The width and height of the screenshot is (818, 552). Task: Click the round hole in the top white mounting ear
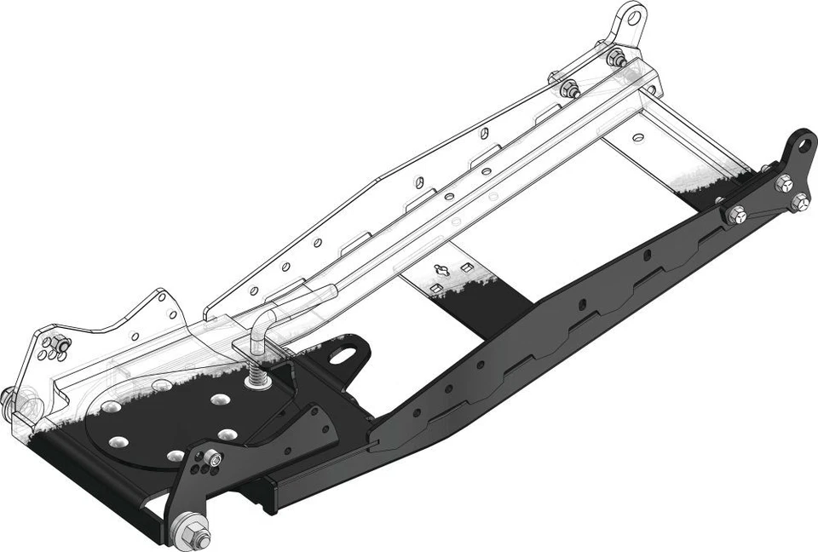point(631,15)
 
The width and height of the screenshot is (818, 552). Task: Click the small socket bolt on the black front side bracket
point(213,460)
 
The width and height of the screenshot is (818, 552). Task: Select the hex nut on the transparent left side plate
point(58,345)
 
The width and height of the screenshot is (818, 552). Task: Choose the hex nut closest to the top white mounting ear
point(617,59)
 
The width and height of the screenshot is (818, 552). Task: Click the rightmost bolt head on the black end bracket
point(800,202)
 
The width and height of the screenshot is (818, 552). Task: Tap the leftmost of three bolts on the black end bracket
point(736,216)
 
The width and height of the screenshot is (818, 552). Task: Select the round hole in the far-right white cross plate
point(638,136)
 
